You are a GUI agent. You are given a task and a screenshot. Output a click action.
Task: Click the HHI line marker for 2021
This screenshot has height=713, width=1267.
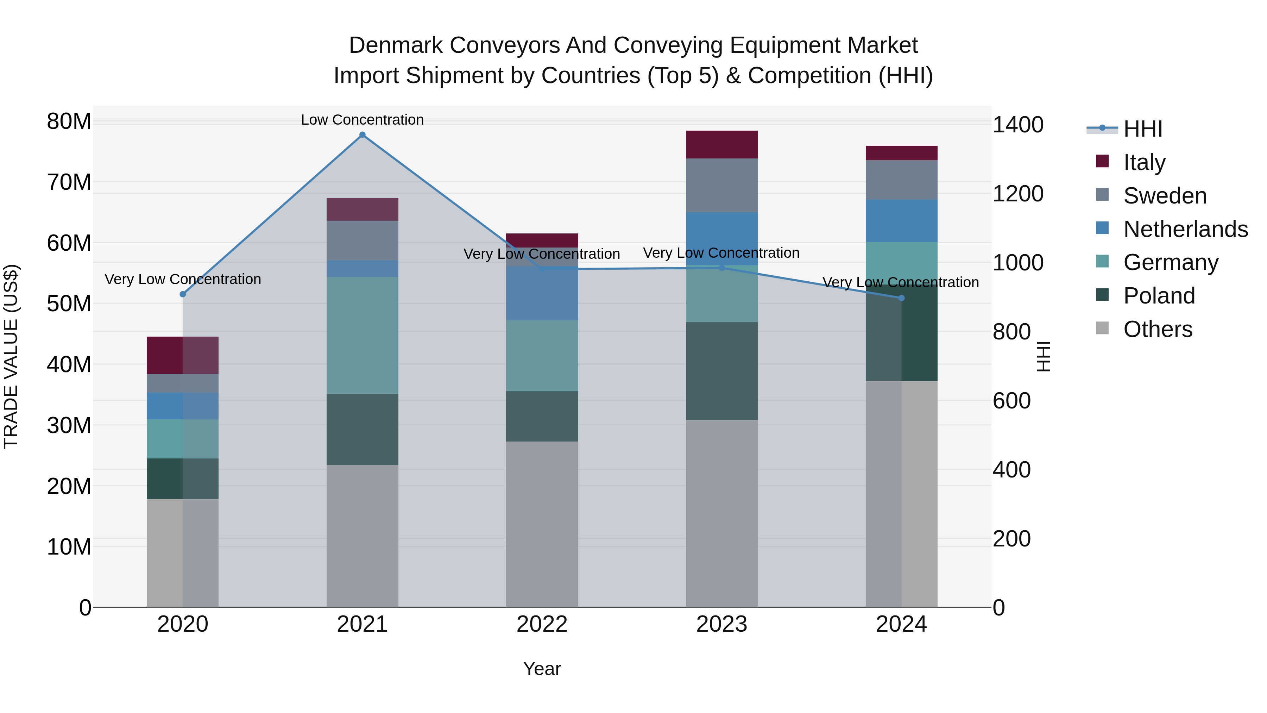click(x=363, y=135)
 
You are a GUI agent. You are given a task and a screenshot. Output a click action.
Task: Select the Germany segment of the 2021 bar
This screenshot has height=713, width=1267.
click(x=363, y=335)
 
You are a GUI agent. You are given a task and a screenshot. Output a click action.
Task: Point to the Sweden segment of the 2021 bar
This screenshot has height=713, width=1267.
click(x=363, y=240)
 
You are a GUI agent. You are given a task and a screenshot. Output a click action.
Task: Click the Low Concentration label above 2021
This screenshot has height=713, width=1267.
click(x=363, y=120)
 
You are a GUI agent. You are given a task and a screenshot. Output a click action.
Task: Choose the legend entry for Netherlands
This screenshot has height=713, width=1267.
click(x=1185, y=229)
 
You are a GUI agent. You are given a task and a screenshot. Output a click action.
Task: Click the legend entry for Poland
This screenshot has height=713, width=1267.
click(x=1159, y=296)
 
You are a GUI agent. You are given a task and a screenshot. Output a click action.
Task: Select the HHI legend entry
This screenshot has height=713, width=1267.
click(x=1142, y=129)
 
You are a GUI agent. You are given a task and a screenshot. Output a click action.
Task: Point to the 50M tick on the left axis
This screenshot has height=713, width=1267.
click(x=69, y=304)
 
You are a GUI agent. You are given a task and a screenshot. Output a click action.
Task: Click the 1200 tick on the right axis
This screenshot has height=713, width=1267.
click(x=1017, y=194)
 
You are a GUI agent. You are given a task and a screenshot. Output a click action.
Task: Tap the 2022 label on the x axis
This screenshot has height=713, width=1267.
click(x=542, y=624)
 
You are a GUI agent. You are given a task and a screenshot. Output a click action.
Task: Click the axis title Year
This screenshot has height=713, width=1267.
click(x=542, y=669)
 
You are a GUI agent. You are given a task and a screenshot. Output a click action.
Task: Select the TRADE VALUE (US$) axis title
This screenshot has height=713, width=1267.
click(x=11, y=356)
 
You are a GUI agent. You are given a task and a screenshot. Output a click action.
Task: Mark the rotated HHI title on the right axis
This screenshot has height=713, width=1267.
click(x=1043, y=356)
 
